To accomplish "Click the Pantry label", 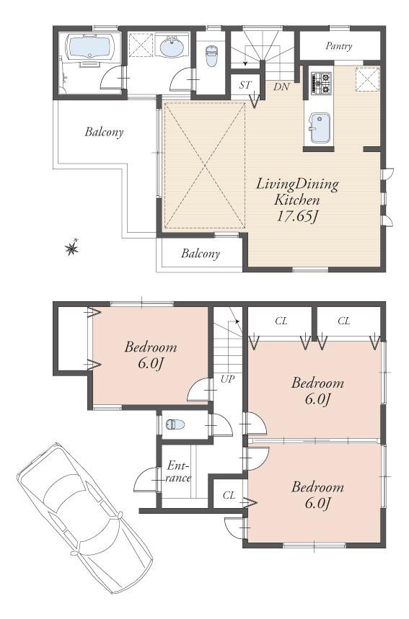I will click(338, 46).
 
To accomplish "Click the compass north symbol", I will click(72, 249).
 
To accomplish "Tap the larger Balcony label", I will click(104, 132).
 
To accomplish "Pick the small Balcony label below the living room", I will click(201, 254).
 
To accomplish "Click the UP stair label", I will click(228, 378).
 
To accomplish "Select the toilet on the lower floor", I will click(174, 424).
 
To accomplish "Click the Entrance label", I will click(178, 471).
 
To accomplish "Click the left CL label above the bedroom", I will click(281, 321).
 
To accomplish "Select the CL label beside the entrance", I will click(229, 495).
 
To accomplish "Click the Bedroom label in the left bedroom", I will click(151, 347).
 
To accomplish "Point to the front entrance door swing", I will click(146, 481).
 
